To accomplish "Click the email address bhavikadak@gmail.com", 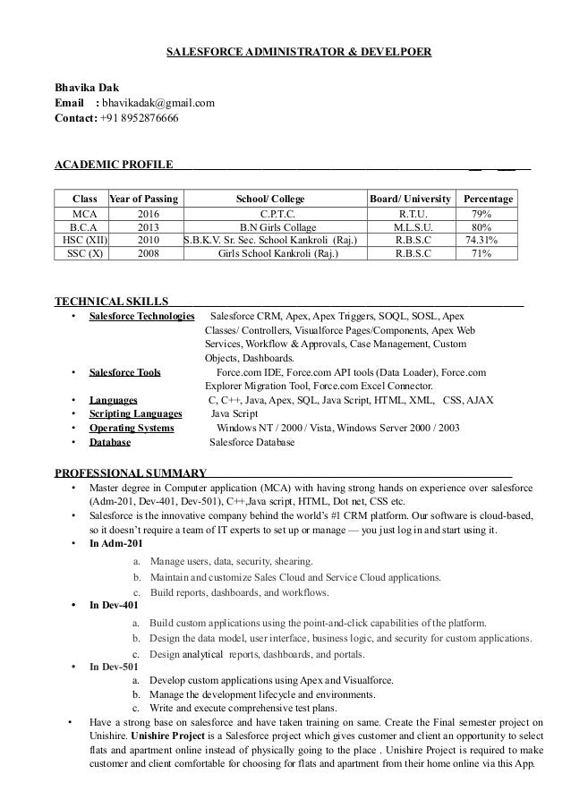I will [x=157, y=103].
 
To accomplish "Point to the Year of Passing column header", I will [x=142, y=197].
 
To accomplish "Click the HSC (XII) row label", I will [x=80, y=240].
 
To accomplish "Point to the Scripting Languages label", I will [x=136, y=414].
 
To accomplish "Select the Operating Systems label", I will [x=132, y=428].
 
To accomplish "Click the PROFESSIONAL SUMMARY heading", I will [x=131, y=471].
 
